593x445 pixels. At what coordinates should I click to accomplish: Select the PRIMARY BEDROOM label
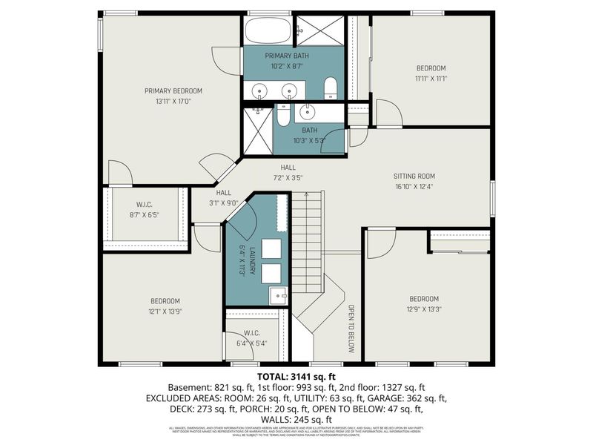point(173,91)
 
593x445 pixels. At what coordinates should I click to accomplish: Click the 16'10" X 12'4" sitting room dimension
point(414,187)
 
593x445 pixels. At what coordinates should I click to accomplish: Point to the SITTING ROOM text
point(414,177)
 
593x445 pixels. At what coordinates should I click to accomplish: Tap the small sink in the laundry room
point(278,294)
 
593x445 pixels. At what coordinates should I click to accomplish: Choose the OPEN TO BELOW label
point(351,328)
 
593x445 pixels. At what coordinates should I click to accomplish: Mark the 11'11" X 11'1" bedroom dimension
point(431,78)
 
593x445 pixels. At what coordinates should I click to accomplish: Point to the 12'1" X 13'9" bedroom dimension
point(165,311)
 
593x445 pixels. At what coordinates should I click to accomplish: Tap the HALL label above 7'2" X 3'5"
point(288,168)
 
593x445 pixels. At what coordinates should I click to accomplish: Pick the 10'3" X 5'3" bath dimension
point(309,141)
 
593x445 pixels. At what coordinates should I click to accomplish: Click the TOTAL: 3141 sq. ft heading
point(296,377)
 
